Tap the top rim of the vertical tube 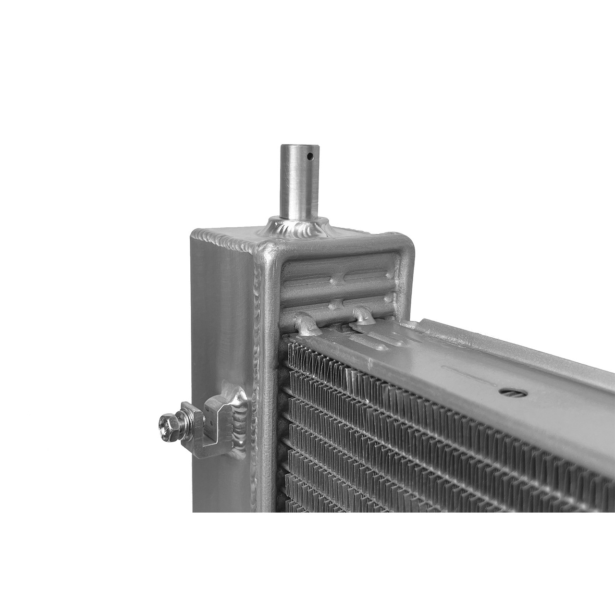pyautogui.click(x=296, y=146)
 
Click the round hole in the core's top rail pyautogui.click(x=508, y=391)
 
